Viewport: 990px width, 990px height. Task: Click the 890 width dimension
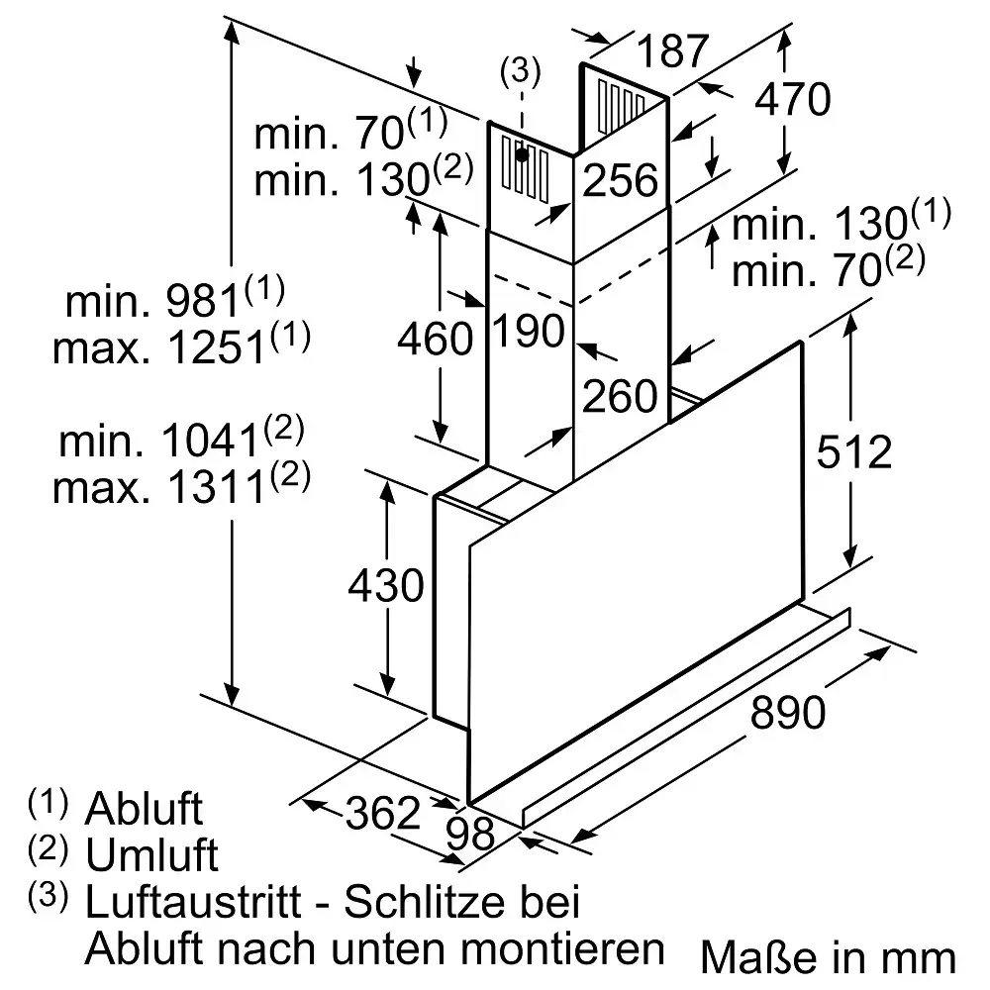pos(787,712)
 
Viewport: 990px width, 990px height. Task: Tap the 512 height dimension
pos(853,452)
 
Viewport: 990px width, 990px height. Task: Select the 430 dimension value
pos(386,585)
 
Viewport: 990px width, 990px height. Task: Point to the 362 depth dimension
pos(382,813)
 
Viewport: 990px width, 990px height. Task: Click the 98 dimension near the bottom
pos(470,834)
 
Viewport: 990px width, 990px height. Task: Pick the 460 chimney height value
pos(435,338)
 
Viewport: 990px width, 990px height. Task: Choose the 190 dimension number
pos(528,331)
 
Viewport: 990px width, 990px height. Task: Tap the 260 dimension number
pos(620,396)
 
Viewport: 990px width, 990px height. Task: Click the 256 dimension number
pos(620,180)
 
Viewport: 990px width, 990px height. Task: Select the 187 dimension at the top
pos(673,50)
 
